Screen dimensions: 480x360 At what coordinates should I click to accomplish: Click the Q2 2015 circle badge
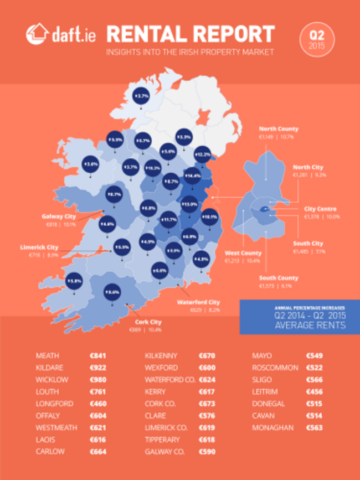coord(317,39)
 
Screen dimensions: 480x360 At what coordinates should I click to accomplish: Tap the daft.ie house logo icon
coord(36,34)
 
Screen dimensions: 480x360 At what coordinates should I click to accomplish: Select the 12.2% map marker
coord(203,154)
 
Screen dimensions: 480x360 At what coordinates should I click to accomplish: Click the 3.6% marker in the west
coord(91,164)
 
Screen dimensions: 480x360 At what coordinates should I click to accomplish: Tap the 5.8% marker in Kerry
coord(75,282)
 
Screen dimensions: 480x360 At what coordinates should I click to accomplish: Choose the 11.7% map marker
coord(169,220)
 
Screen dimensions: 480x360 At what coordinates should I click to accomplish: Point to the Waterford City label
coord(198,302)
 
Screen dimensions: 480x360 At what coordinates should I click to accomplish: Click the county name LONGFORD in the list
coord(54,404)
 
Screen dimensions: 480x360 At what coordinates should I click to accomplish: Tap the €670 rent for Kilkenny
coord(207,356)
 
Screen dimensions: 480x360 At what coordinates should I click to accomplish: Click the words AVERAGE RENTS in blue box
coord(310,325)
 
